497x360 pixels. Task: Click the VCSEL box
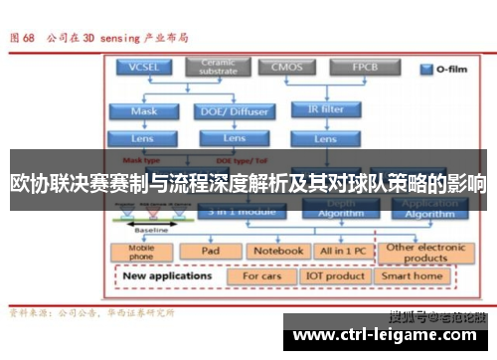143,68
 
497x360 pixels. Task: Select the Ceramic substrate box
219,67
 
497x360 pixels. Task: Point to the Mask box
143,111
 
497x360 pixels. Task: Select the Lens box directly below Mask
143,138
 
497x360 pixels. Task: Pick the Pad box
210,252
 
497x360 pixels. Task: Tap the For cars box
261,275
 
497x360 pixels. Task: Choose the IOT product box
336,275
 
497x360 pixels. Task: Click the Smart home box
413,275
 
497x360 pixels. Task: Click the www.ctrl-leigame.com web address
389,334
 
